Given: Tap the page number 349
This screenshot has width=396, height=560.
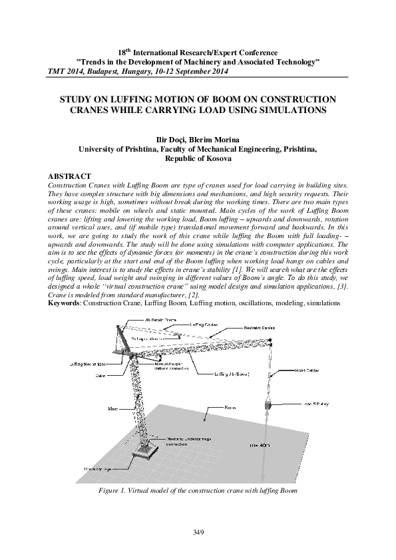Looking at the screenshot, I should (x=198, y=531).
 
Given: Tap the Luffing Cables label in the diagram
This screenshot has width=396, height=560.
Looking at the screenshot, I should (x=204, y=325).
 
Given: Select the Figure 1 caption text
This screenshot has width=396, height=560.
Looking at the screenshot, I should (x=198, y=490).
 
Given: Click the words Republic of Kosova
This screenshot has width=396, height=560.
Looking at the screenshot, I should (x=198, y=160).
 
